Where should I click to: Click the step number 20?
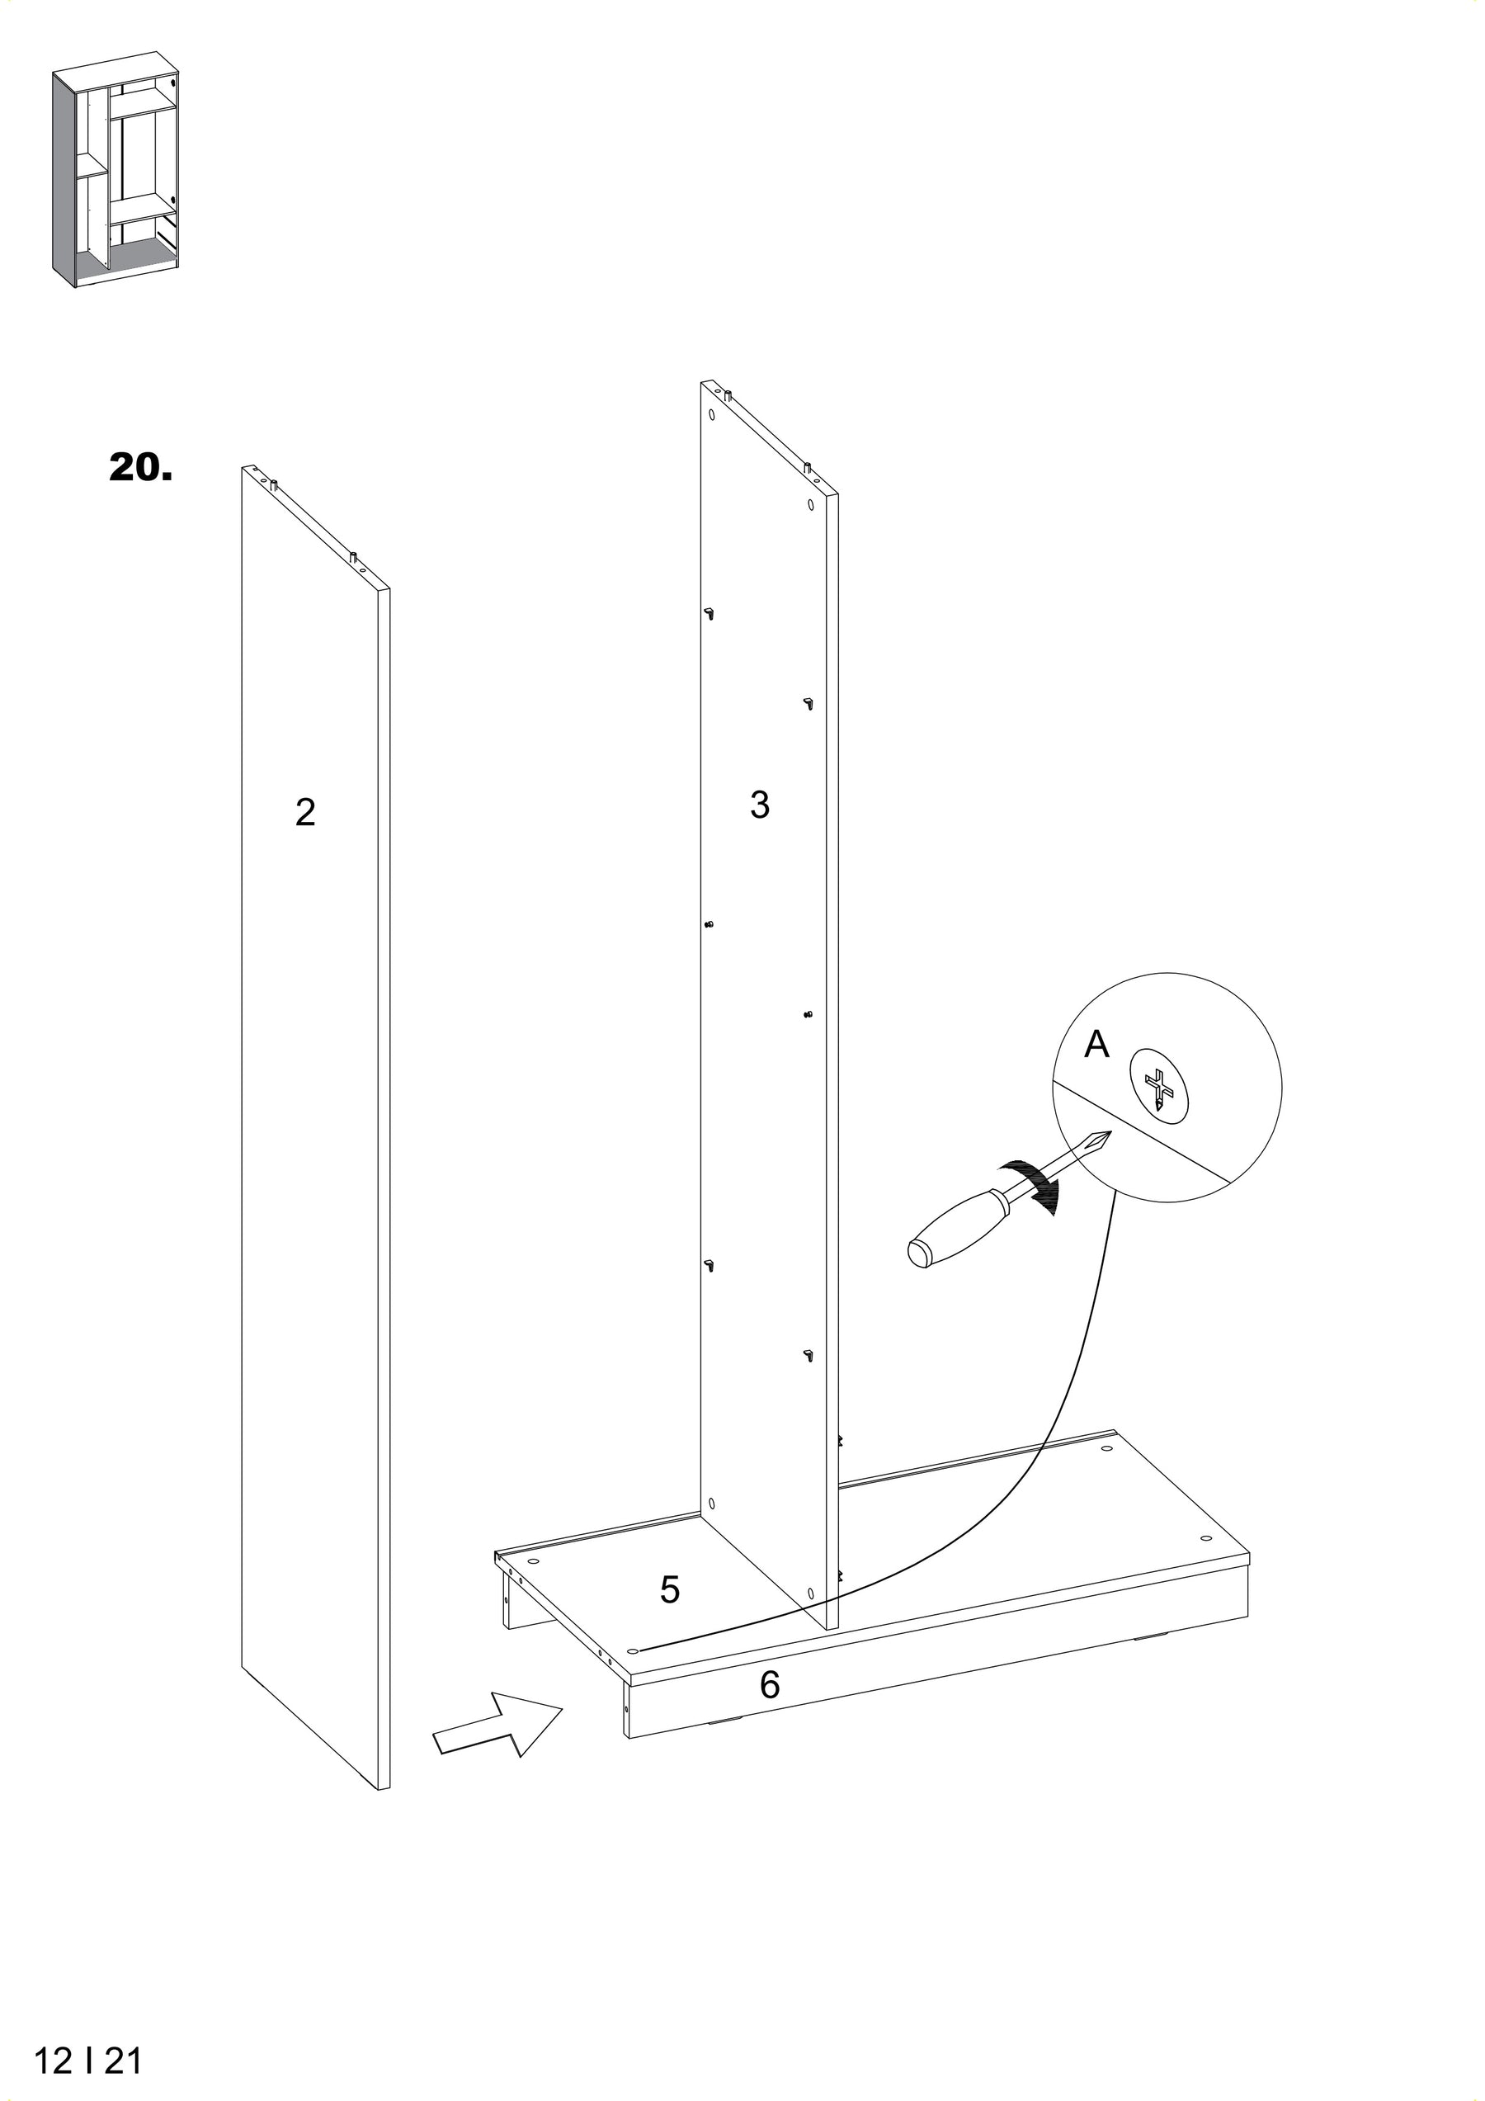pyautogui.click(x=140, y=468)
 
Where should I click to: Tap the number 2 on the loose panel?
pyautogui.click(x=305, y=813)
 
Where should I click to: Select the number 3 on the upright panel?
pyautogui.click(x=760, y=805)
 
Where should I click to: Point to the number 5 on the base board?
pyautogui.click(x=670, y=1590)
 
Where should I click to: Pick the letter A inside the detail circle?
pyautogui.click(x=1096, y=1043)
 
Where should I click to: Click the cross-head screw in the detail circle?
pyautogui.click(x=1161, y=1086)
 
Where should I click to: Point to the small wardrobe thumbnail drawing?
pyautogui.click(x=115, y=177)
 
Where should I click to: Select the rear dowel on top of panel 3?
pyautogui.click(x=729, y=397)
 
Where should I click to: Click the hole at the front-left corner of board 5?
pyautogui.click(x=631, y=1650)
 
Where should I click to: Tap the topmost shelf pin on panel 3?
pyautogui.click(x=709, y=611)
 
